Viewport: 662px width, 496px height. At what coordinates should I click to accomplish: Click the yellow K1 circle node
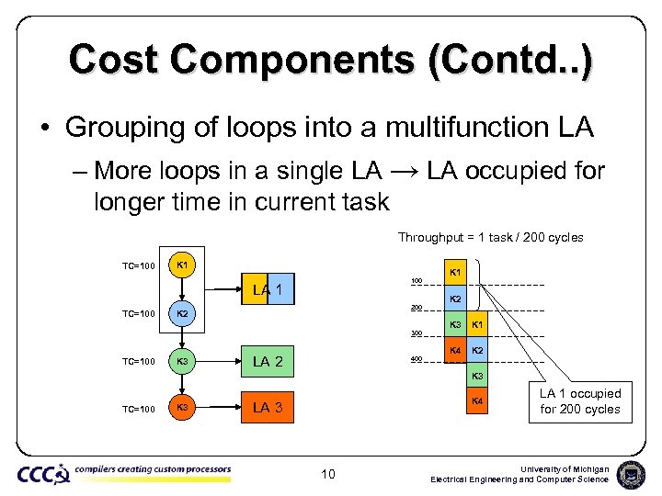181,265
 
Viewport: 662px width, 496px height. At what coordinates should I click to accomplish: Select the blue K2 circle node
181,313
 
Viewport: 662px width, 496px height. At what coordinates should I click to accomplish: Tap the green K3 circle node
181,361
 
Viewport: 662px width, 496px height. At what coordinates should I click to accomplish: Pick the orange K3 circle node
181,408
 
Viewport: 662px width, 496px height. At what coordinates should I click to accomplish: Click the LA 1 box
268,291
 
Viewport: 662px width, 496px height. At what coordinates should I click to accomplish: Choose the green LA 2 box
268,361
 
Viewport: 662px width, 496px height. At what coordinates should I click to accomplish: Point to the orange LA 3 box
268,408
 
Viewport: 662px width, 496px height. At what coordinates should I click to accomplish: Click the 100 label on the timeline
416,281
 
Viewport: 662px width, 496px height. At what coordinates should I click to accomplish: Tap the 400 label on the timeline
416,359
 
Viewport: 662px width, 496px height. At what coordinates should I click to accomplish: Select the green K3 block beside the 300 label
454,324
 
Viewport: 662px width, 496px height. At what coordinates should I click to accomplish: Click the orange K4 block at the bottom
476,400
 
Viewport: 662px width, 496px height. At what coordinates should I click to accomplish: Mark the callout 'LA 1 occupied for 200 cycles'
580,401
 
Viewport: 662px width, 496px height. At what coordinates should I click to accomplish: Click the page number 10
328,475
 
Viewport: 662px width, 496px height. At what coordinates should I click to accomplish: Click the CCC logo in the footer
42,474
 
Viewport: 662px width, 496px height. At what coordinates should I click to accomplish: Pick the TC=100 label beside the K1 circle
138,266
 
